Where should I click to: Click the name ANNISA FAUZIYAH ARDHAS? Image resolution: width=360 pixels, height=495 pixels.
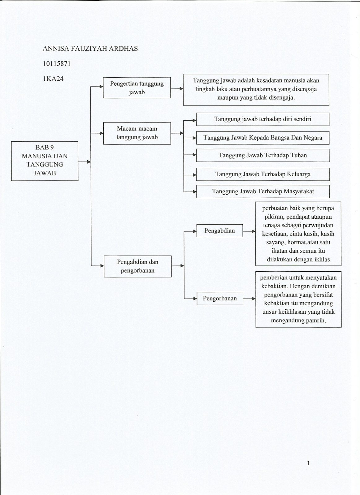(x=90, y=49)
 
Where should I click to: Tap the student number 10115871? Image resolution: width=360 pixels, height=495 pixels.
(x=57, y=64)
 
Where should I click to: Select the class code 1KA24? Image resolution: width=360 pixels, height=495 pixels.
(x=53, y=79)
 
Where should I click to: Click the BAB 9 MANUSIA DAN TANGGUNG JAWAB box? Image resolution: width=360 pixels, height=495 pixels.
(x=45, y=161)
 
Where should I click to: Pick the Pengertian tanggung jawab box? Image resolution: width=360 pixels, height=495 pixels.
(x=137, y=88)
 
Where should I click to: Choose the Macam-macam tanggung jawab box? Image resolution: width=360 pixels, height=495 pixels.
(x=137, y=133)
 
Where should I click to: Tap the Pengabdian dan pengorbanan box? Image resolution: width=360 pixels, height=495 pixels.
(x=137, y=266)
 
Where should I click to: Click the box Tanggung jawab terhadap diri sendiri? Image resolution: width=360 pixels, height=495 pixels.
(x=262, y=119)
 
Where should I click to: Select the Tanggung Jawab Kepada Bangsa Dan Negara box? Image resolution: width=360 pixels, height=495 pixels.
(x=262, y=138)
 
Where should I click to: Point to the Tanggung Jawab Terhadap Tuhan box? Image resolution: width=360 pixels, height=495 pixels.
(x=262, y=156)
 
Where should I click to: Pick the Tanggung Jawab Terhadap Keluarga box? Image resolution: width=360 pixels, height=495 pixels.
(x=262, y=174)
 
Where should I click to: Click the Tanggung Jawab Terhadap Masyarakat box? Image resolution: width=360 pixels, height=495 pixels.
(x=263, y=192)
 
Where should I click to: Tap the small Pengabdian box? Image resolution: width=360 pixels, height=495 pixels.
(x=219, y=231)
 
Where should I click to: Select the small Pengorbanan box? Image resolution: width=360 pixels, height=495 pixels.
(x=219, y=299)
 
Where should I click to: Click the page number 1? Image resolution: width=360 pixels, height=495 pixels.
(x=308, y=463)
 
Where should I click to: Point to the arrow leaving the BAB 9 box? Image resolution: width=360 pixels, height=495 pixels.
(x=84, y=162)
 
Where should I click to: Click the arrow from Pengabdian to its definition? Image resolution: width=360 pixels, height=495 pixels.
(x=249, y=231)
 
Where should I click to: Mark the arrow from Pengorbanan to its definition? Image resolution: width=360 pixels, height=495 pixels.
(x=249, y=299)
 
